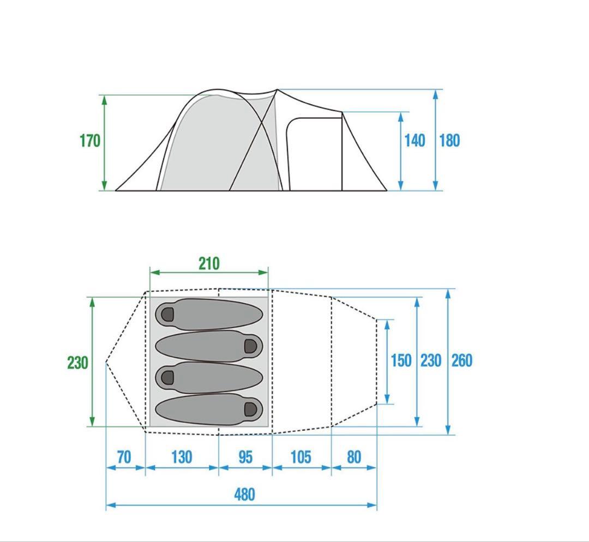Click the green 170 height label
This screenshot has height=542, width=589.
pos(90,141)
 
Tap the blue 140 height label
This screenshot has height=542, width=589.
pos(414,141)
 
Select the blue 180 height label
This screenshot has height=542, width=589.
pos(449,141)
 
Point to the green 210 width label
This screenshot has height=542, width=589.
pos(209,264)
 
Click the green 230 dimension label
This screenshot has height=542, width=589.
pos(78,363)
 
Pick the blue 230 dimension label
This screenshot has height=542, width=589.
pos(431,360)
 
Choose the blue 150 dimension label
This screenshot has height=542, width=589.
pos(401,360)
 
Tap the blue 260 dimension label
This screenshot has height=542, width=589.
pos(462,360)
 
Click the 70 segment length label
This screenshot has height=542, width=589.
pos(124,457)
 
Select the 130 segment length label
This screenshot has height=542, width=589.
pos(182,457)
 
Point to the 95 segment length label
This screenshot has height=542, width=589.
pos(245,457)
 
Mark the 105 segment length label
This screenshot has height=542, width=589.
pos(301,457)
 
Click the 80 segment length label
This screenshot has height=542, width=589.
pos(354,457)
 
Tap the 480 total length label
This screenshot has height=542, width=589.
pos(244,495)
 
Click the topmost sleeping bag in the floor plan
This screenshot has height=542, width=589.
pos(209,315)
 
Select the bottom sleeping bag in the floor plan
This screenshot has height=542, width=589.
pos(209,410)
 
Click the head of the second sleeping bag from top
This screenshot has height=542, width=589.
pos(251,346)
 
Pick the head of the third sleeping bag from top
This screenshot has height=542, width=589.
pos(167,377)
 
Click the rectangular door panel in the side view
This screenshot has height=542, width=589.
pos(314,154)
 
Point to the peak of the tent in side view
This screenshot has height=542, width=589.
pos(277,89)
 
